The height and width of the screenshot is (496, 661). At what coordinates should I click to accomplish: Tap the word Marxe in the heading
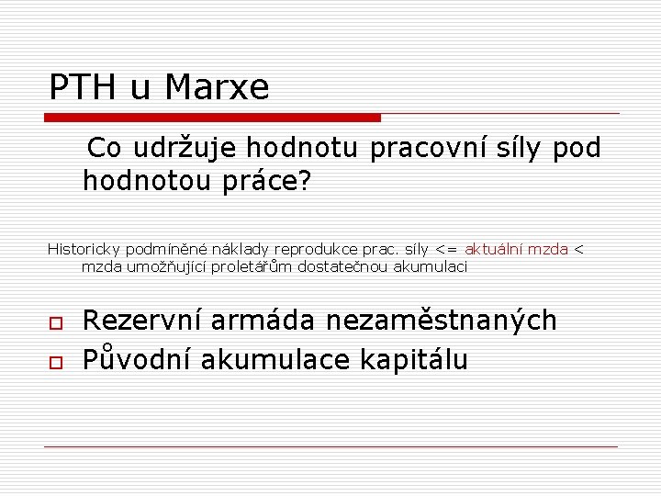(218, 87)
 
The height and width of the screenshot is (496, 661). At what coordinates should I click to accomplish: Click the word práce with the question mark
(270, 182)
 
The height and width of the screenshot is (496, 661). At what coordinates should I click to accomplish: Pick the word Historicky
(84, 249)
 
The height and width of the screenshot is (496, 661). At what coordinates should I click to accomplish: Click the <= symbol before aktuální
(447, 249)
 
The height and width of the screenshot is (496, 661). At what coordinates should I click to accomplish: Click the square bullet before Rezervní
(54, 322)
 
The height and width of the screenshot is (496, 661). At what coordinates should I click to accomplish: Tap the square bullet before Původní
(54, 361)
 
